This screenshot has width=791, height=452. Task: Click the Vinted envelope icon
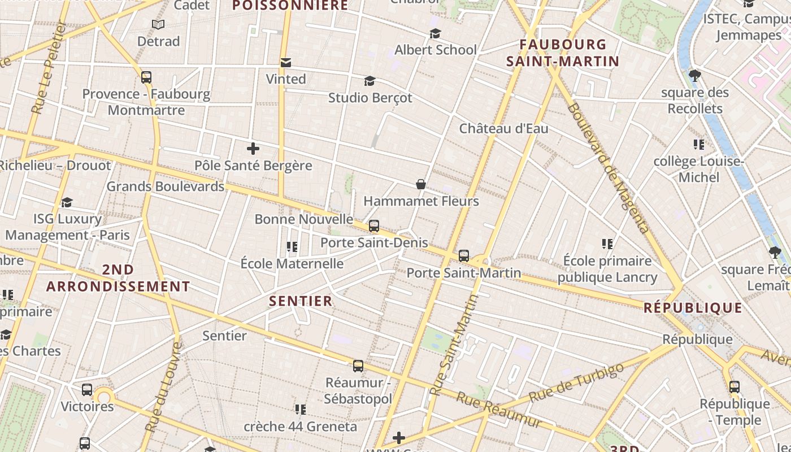click(286, 62)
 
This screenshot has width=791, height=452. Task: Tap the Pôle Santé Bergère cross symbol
click(253, 149)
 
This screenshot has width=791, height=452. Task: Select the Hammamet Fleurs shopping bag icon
click(421, 184)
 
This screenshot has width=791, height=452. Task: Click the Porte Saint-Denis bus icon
click(373, 226)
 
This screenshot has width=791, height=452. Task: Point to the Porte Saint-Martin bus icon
click(464, 256)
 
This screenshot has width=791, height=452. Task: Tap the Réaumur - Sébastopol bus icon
click(358, 366)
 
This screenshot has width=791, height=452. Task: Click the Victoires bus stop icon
click(87, 390)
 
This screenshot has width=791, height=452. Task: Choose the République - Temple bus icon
click(734, 387)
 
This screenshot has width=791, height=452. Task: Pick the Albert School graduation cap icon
click(435, 33)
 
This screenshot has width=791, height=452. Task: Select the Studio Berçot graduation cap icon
click(370, 81)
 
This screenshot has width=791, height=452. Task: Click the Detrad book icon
click(158, 25)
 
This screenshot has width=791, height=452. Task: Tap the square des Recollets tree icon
click(695, 75)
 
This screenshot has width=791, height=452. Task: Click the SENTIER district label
click(301, 301)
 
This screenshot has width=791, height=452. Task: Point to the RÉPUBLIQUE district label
click(693, 308)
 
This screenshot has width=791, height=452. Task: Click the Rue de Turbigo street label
click(576, 383)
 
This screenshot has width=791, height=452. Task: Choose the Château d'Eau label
click(503, 128)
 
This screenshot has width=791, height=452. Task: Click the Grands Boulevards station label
click(166, 186)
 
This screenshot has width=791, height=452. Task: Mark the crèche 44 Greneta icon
click(301, 409)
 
